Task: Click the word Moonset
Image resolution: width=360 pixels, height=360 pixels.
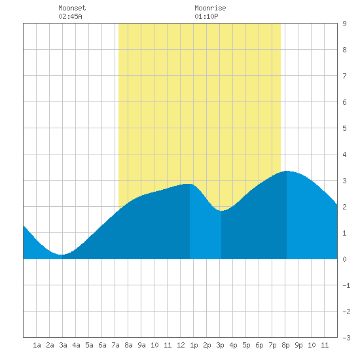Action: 72,8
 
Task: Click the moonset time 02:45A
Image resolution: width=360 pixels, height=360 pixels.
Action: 70,16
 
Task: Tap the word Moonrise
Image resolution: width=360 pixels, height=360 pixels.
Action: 210,8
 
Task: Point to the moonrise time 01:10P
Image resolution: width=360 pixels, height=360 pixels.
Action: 206,16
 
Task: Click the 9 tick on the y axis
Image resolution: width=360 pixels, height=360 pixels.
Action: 344,24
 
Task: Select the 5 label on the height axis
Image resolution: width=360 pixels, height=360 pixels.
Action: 344,128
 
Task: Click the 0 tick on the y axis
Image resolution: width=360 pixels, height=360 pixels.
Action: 344,259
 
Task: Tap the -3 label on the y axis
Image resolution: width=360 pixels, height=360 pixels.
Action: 346,338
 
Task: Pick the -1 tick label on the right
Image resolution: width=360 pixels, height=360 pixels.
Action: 346,285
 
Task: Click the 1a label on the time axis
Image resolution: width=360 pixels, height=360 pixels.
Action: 37,345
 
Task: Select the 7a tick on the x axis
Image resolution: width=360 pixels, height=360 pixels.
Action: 115,345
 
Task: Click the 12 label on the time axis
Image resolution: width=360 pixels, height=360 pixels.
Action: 181,345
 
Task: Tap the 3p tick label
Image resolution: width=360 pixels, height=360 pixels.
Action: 220,345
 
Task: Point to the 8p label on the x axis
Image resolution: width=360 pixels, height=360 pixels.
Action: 285,345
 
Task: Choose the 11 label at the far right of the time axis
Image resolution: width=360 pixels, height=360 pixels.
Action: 325,345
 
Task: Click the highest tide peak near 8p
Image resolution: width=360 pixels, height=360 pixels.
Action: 287,171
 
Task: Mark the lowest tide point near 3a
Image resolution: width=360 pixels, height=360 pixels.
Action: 62,255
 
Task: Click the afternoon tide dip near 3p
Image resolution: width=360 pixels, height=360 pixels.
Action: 221,211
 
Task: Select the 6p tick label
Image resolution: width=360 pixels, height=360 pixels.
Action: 259,345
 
